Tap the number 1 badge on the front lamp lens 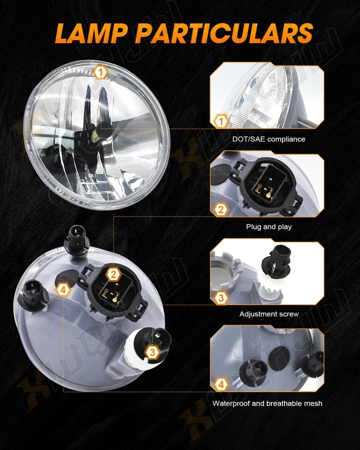click(101, 73)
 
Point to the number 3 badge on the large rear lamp click(151, 352)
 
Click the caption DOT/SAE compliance click(269, 139)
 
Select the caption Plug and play click(269, 227)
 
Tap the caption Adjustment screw click(269, 314)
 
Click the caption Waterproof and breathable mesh click(267, 403)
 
